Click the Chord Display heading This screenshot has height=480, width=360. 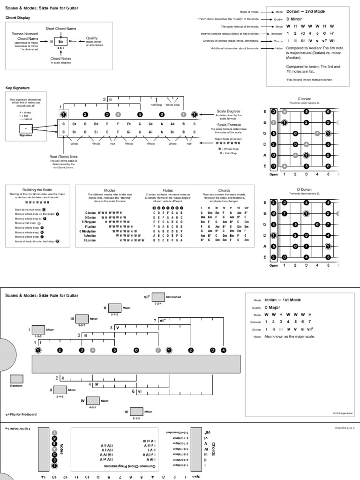(x=18, y=18)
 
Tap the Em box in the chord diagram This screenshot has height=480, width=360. (x=60, y=41)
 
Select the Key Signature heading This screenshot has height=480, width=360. (x=17, y=88)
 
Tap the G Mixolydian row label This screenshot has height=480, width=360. (x=87, y=232)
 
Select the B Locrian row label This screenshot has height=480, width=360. (x=90, y=240)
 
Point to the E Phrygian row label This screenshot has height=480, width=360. (x=89, y=222)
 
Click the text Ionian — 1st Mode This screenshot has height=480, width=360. (x=283, y=300)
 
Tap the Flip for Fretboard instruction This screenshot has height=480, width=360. (x=21, y=414)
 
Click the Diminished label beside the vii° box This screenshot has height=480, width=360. (x=173, y=297)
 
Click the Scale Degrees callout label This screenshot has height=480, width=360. (x=227, y=111)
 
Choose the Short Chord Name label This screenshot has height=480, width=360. (x=60, y=29)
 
